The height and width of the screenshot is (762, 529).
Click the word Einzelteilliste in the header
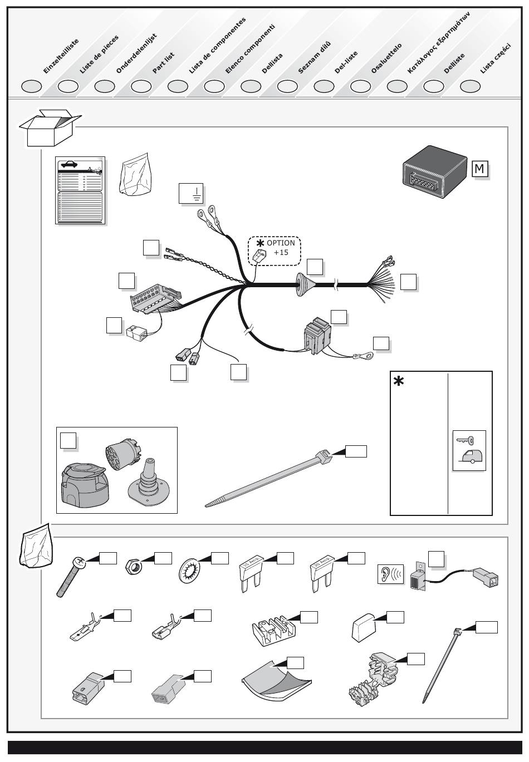pyautogui.click(x=61, y=56)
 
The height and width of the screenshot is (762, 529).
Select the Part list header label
pyautogui.click(x=164, y=63)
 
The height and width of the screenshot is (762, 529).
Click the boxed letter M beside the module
pyautogui.click(x=479, y=168)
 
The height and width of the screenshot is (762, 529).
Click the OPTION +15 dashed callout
pyautogui.click(x=274, y=252)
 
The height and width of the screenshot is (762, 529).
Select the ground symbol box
pyautogui.click(x=191, y=193)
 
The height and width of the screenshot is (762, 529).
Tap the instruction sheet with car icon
pyautogui.click(x=80, y=190)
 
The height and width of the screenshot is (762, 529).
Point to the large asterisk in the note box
pyautogui.click(x=399, y=382)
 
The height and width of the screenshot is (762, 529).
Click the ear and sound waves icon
pyautogui.click(x=390, y=574)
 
